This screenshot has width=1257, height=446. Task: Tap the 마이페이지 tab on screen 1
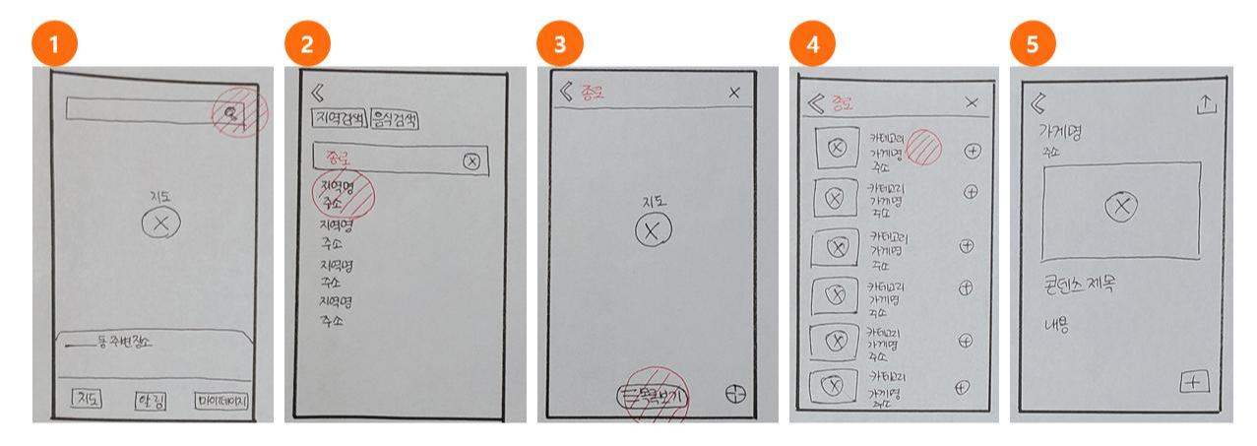click(x=221, y=401)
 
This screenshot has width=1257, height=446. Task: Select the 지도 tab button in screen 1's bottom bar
click(x=88, y=400)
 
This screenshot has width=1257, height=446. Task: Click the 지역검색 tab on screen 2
click(x=339, y=120)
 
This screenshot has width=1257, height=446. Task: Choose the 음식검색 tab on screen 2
click(x=395, y=120)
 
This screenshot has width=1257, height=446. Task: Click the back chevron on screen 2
click(x=317, y=94)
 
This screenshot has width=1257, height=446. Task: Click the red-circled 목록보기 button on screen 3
click(x=652, y=396)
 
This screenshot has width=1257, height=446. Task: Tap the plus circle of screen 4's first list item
click(x=973, y=151)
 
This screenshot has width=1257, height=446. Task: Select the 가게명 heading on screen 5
click(x=1064, y=131)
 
